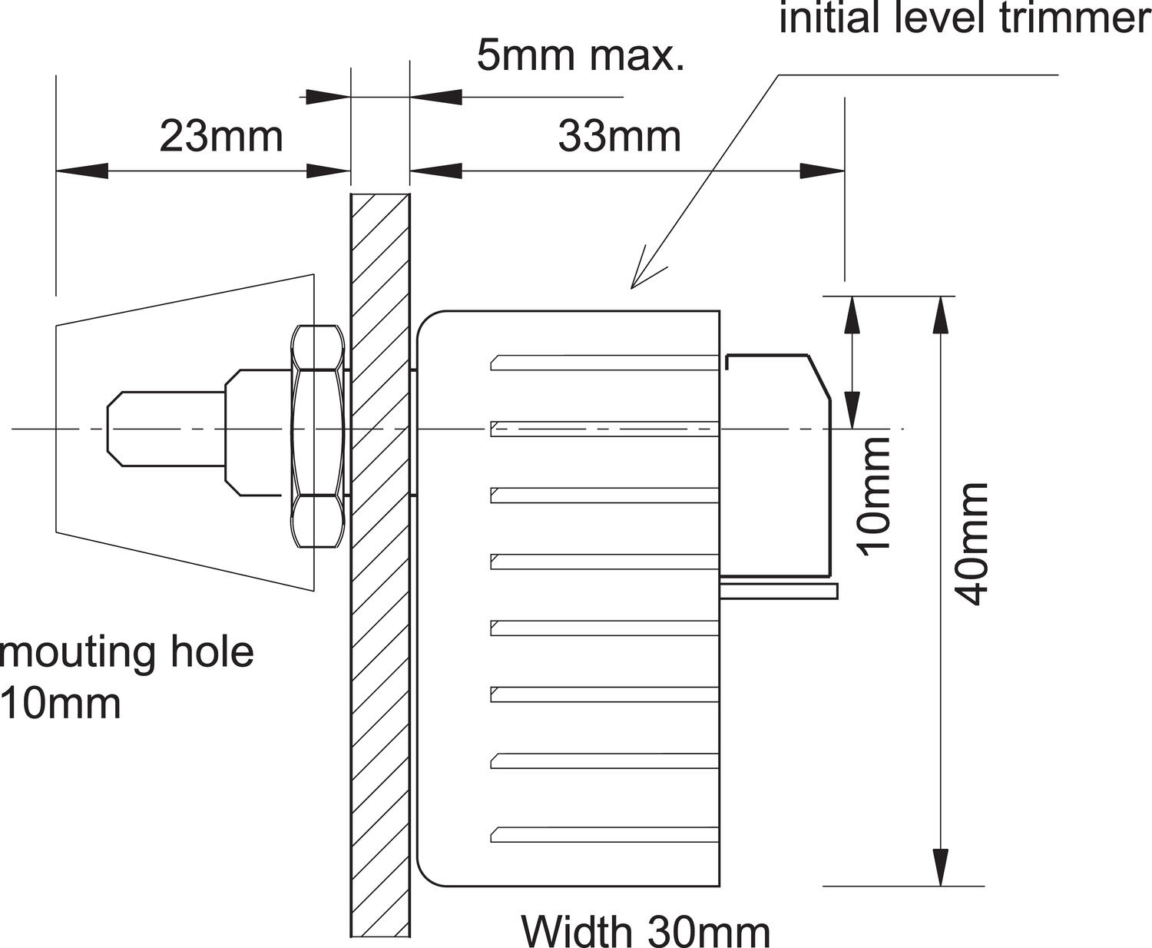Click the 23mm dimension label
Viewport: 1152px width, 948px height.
[x=221, y=138]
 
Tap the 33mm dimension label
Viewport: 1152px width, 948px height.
[x=619, y=138]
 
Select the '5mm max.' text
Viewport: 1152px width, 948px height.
[x=580, y=55]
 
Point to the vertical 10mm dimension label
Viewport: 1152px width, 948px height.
[x=874, y=494]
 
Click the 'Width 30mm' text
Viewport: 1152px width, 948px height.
[x=645, y=931]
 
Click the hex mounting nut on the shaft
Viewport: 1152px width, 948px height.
[x=316, y=436]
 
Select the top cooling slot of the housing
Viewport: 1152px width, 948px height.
[x=605, y=362]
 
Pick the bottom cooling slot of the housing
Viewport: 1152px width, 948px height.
[x=605, y=834]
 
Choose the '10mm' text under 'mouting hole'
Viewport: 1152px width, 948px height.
[x=61, y=703]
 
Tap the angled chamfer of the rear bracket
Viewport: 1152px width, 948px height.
[x=819, y=377]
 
